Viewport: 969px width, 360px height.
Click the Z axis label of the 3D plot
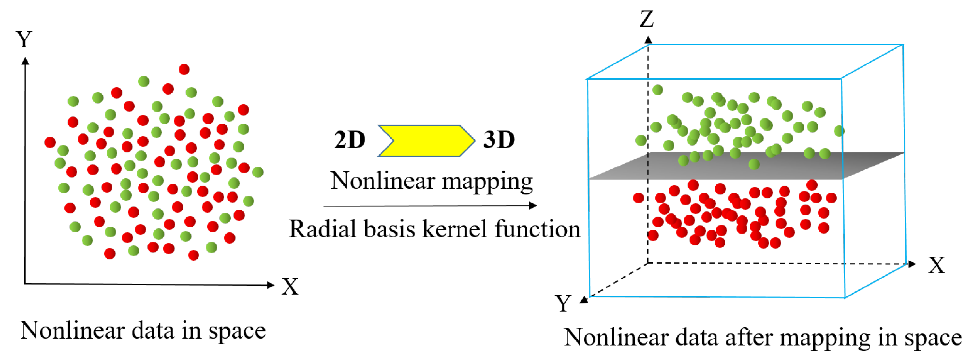647,19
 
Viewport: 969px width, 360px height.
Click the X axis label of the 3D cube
936,265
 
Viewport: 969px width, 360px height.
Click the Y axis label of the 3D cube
563,303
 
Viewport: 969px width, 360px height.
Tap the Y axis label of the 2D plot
24,39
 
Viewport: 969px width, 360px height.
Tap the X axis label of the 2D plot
290,286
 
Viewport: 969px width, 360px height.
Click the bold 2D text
349,140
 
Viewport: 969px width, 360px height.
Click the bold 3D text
499,140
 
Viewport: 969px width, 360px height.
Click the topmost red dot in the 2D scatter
184,70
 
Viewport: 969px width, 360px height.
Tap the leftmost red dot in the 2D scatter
50,142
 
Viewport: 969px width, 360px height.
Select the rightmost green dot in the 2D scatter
258,172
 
